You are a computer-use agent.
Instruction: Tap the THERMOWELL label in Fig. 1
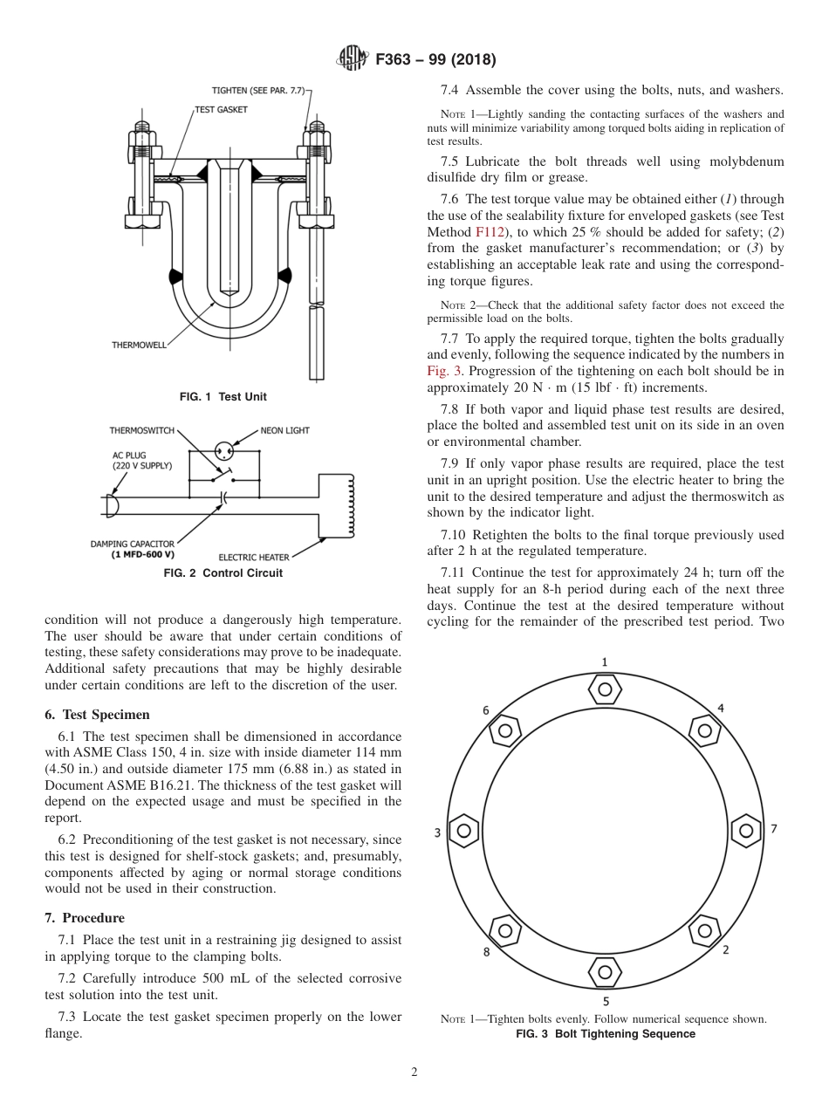click(139, 345)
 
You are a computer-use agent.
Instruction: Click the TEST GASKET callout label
click(221, 110)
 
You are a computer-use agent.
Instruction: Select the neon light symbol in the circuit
click(225, 450)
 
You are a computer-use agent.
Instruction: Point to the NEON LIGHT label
click(284, 430)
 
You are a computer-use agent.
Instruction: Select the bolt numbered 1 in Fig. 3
click(605, 689)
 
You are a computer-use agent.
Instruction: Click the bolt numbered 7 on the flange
click(744, 830)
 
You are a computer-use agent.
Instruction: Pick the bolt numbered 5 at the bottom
click(605, 970)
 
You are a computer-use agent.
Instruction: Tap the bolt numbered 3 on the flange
click(464, 830)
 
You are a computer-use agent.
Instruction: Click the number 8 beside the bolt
click(486, 952)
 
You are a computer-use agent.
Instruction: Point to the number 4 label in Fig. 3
click(720, 708)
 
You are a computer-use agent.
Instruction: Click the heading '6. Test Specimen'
click(97, 714)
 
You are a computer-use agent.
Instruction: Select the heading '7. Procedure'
click(85, 918)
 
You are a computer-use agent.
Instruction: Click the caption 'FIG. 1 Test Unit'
click(223, 397)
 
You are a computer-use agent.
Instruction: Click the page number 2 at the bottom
click(414, 1072)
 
